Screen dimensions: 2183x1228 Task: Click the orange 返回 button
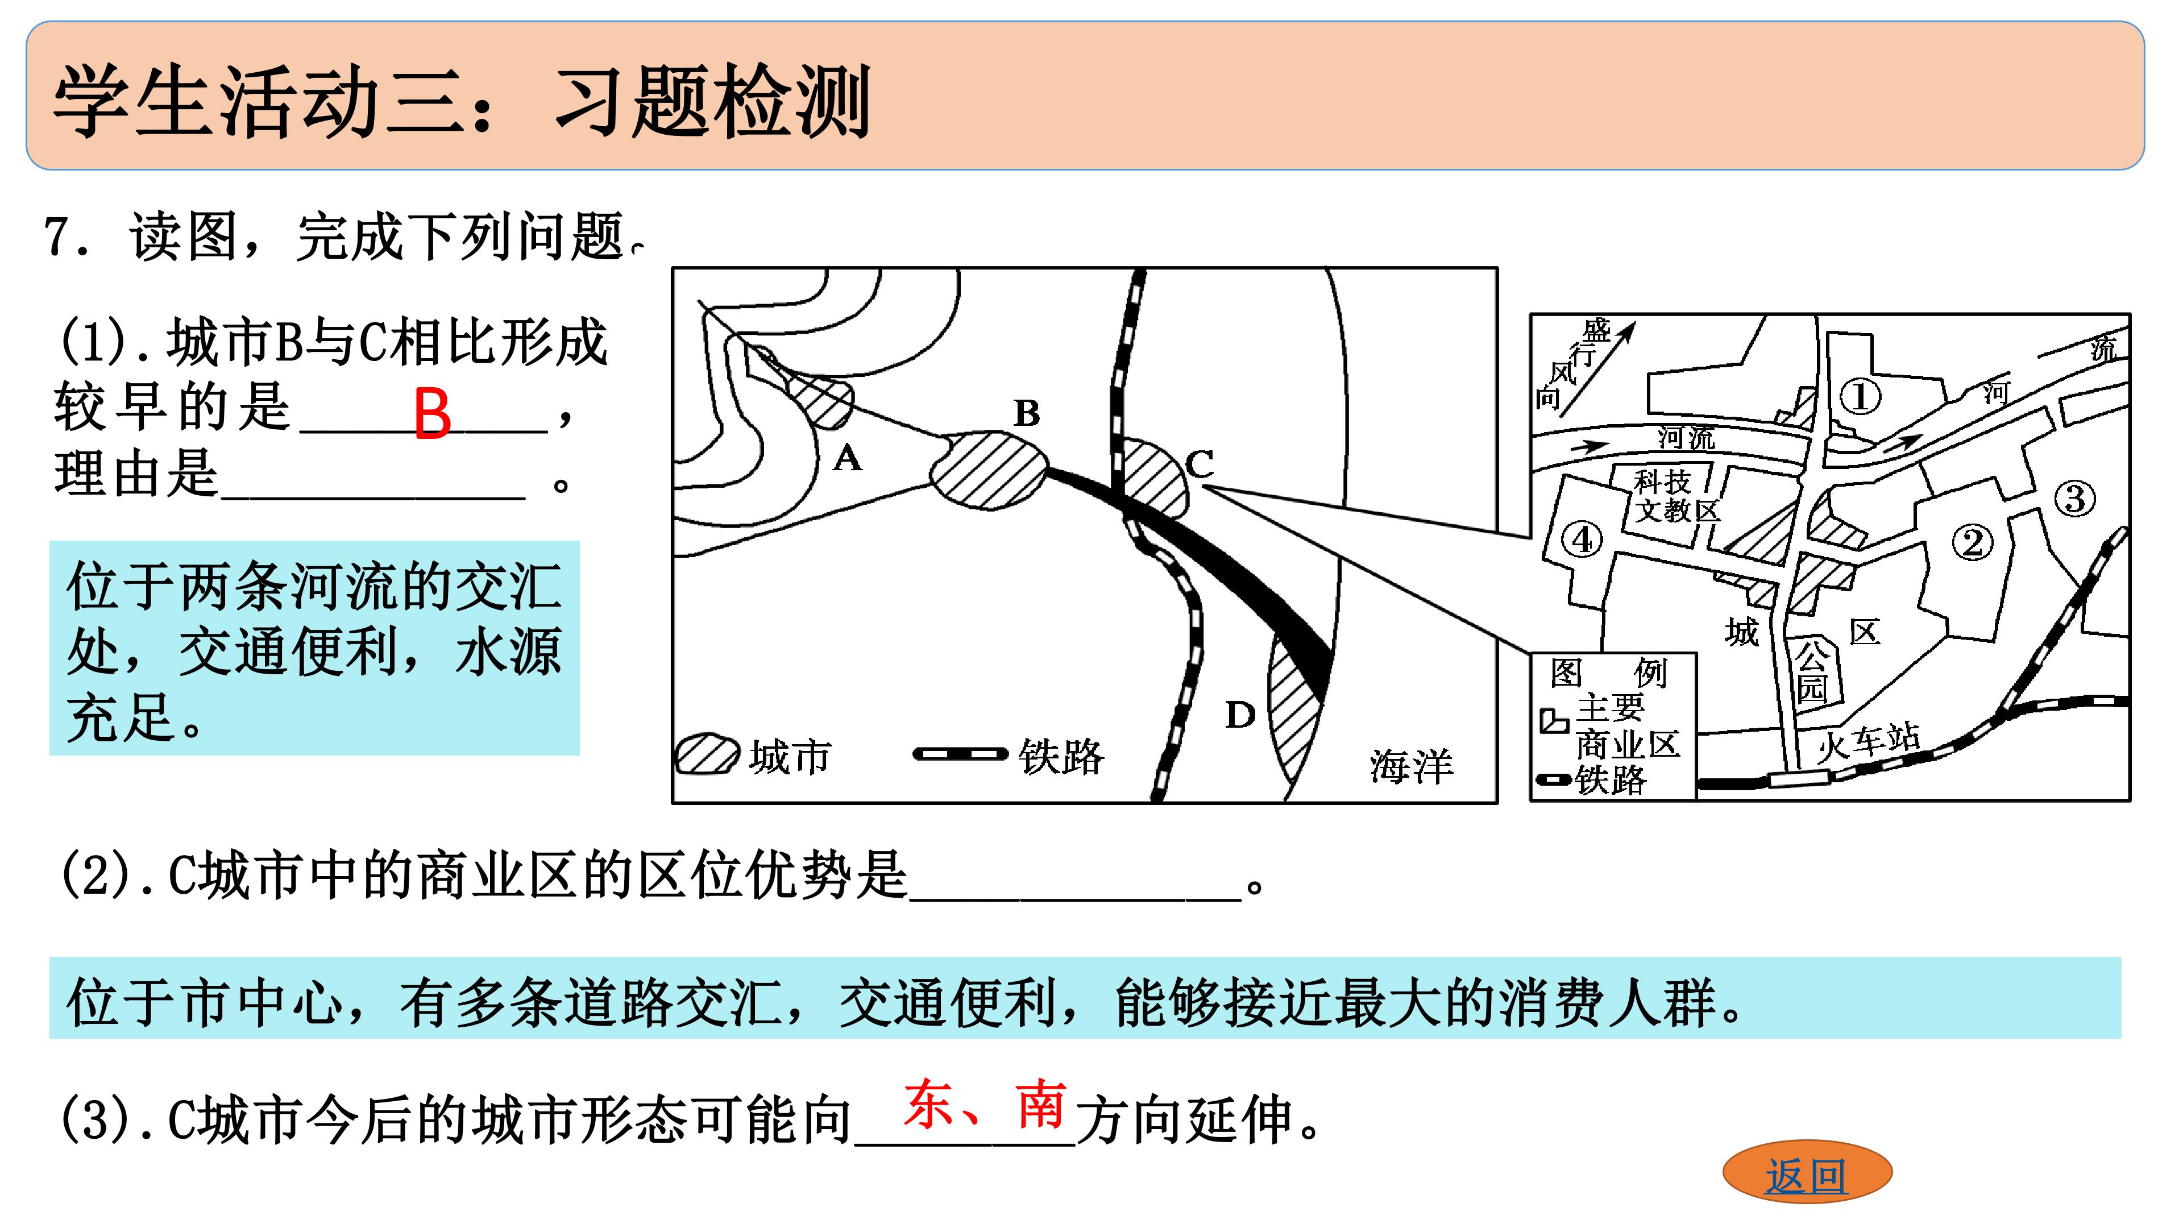[x=1806, y=1173]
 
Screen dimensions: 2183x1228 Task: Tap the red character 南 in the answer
[x=1041, y=1104]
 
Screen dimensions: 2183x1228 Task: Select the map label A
[x=846, y=458]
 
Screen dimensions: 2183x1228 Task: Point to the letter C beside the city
[x=1199, y=463]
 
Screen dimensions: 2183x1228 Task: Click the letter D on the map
[x=1240, y=715]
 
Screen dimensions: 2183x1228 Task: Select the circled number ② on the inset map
[x=1973, y=542]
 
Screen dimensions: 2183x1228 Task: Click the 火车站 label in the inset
[x=1869, y=742]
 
